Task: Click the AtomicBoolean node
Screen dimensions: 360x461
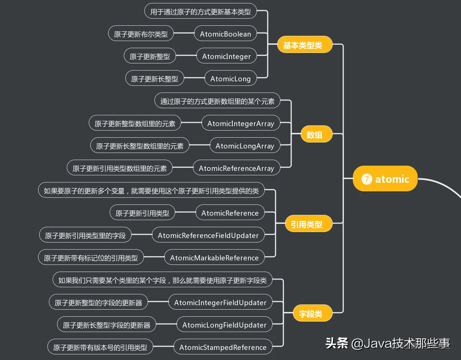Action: tap(225, 34)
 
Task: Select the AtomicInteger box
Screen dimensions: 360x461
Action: tap(226, 56)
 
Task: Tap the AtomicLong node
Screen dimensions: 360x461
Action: tap(230, 79)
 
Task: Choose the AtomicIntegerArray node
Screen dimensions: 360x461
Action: tap(241, 123)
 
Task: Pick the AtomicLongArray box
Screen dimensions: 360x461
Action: tap(245, 146)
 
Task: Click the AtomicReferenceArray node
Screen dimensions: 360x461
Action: tap(236, 168)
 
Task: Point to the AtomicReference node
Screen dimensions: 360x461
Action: tap(230, 213)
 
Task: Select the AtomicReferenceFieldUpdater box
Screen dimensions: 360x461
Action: tap(208, 235)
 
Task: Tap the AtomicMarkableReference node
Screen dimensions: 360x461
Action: tap(214, 258)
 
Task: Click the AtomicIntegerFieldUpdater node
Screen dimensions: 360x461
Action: tap(220, 303)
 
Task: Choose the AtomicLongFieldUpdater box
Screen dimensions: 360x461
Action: tap(224, 325)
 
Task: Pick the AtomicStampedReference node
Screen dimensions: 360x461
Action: tap(223, 347)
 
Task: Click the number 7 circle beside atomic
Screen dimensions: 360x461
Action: tap(367, 179)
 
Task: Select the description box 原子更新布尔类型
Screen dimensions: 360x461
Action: tap(141, 34)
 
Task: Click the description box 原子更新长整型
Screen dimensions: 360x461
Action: tap(154, 79)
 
